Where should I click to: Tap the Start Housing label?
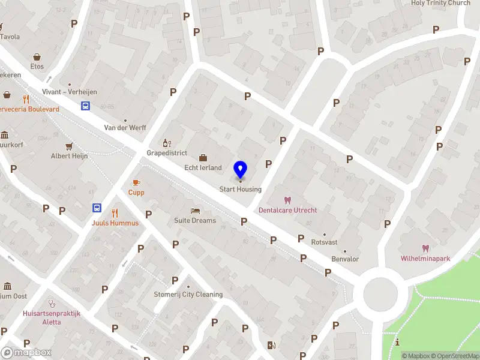coord(241,190)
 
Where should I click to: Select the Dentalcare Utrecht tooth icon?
coord(287,200)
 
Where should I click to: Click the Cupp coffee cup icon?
coord(136,182)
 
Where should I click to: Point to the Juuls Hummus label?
coord(115,223)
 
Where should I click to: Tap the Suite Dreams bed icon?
coord(195,211)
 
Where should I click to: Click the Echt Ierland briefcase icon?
coord(203,158)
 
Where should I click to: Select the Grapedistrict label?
coord(167,153)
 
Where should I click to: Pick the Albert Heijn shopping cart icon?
coord(69,146)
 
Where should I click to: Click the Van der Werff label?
coord(125,128)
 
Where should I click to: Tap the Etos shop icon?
coord(37,57)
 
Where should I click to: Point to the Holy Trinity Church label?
coord(440,3)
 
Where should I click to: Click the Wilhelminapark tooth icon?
coord(425,248)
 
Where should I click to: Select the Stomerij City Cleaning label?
coord(188,295)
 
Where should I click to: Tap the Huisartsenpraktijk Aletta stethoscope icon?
coord(52,304)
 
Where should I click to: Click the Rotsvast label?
coord(324,242)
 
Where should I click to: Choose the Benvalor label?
coord(345,259)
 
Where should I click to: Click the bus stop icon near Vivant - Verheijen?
coord(86,106)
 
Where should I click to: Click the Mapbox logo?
coord(26,353)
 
